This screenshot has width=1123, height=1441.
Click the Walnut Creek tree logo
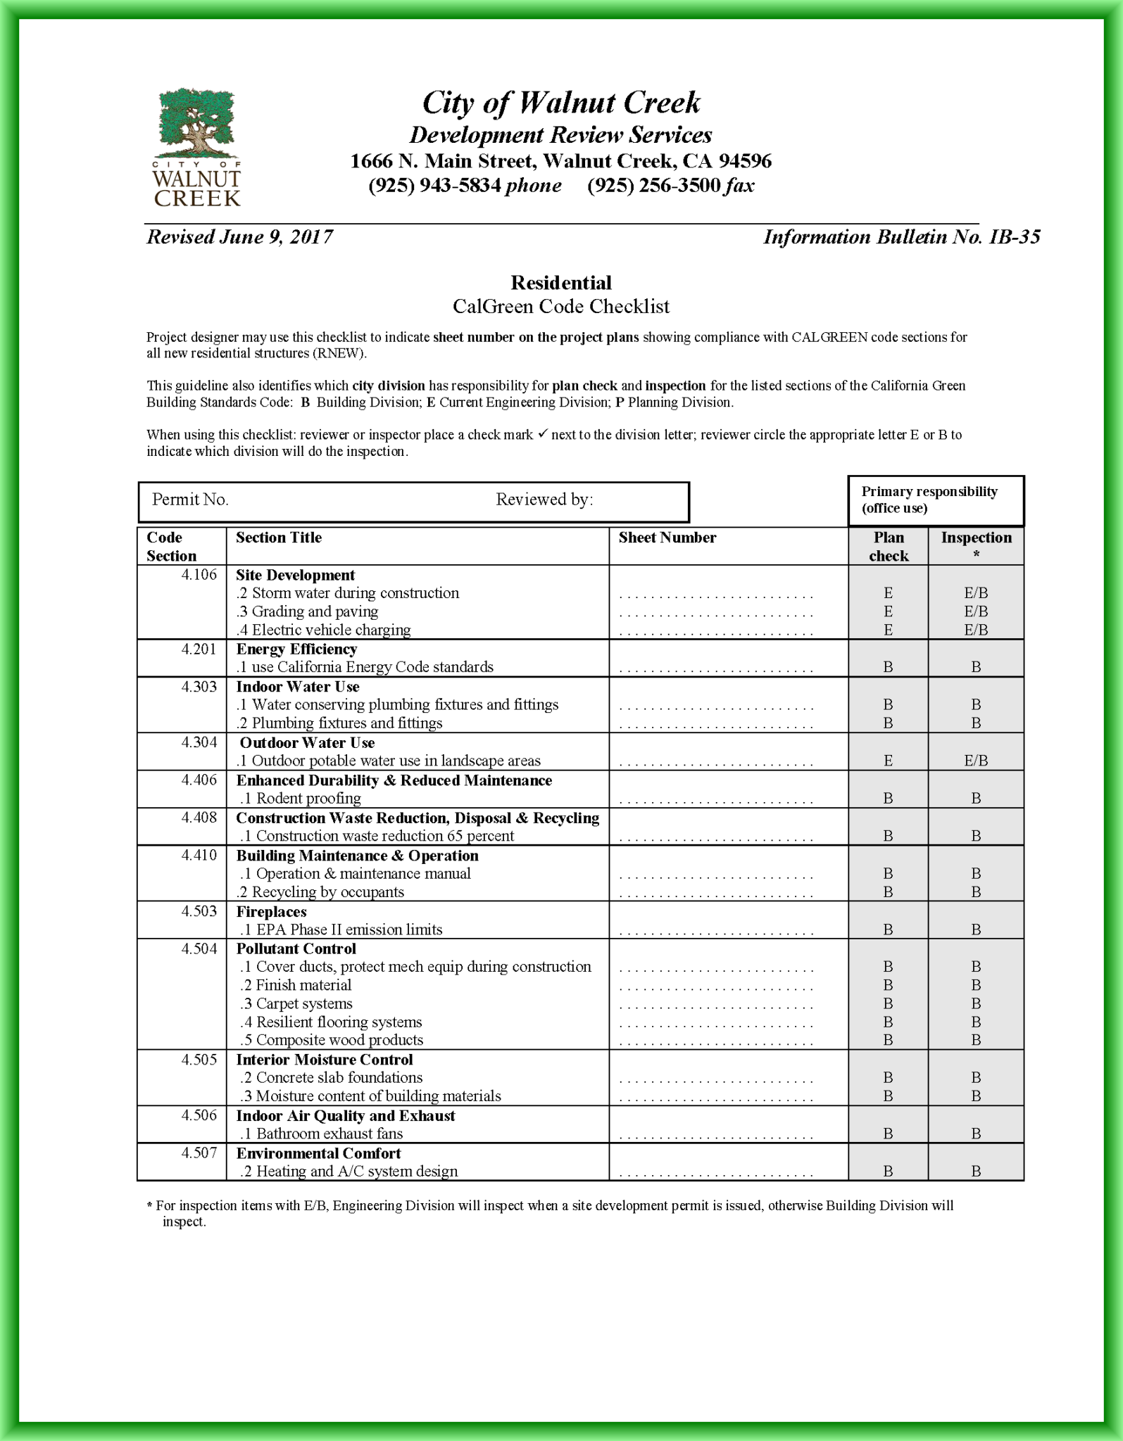196,147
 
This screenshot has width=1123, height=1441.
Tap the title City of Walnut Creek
560,103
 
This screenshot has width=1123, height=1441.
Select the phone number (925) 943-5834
434,186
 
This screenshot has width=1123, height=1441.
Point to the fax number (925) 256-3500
653,186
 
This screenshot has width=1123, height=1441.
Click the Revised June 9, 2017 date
239,237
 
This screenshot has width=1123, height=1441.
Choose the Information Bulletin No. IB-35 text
901,237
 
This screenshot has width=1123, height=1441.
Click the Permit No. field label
190,500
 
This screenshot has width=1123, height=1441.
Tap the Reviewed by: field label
544,500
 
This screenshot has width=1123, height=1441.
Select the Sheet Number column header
667,538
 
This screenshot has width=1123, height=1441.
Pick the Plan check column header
888,546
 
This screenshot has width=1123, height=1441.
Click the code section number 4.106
199,575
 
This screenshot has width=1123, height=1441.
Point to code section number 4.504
199,948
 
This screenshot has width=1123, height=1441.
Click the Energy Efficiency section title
296,649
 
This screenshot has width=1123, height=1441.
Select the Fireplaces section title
271,911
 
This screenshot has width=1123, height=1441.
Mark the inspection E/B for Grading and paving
976,611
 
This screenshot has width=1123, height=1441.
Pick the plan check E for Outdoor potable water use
888,761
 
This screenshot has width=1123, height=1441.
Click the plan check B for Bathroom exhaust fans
888,1134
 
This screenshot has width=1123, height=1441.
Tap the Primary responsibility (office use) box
936,500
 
